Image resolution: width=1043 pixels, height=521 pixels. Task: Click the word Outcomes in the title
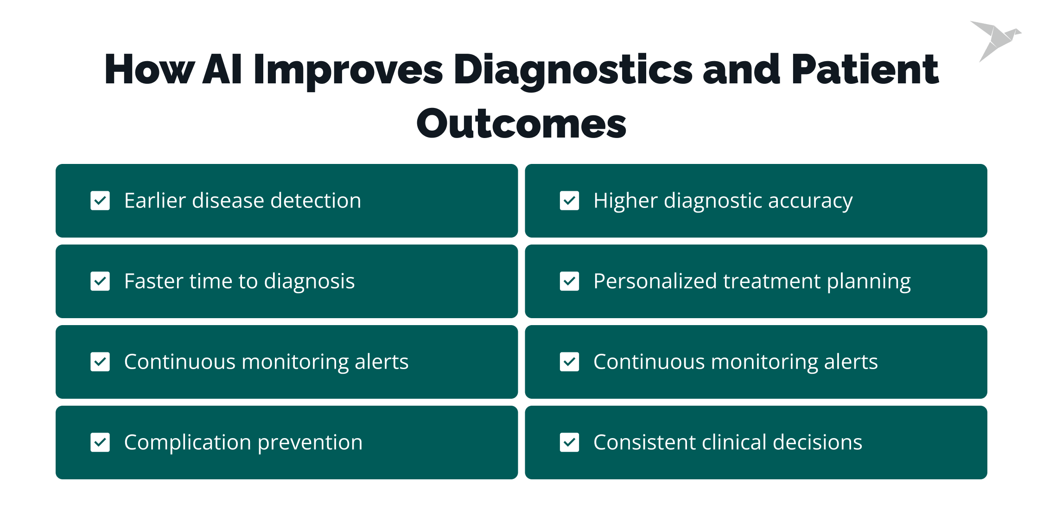coord(521,124)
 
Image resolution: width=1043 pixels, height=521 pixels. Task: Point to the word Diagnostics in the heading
coord(573,69)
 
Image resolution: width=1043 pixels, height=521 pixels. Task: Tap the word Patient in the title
coord(865,69)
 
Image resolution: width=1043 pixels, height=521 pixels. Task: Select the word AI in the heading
coord(222,69)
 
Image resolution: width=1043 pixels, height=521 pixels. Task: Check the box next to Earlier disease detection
coord(100,201)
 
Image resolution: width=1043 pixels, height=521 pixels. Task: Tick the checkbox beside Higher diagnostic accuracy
coord(569,201)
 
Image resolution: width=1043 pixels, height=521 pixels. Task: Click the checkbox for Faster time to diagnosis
coord(100,281)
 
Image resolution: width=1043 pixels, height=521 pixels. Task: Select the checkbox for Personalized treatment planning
coord(569,281)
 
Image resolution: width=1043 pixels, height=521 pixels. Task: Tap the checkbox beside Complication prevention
coord(100,442)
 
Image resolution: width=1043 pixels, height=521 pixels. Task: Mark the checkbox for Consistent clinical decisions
coord(569,442)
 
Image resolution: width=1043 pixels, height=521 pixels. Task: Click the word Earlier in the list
coord(155,201)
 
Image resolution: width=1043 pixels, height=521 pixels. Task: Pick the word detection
coord(316,201)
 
